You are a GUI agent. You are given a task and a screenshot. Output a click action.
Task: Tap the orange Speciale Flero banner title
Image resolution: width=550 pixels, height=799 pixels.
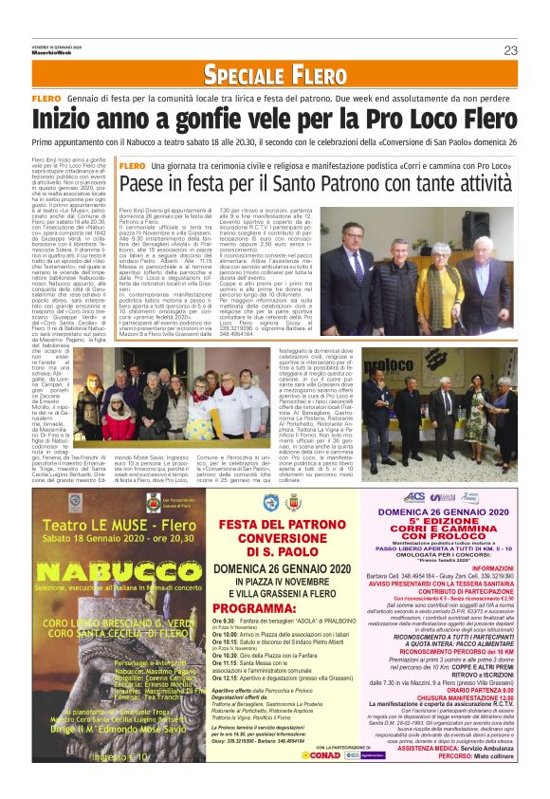pyautogui.click(x=275, y=73)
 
